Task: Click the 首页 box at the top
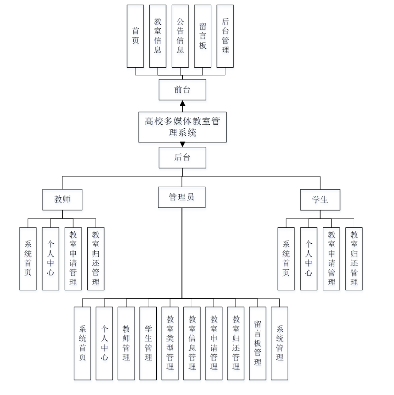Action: point(135,36)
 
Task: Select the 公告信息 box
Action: point(180,36)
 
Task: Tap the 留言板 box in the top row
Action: point(203,36)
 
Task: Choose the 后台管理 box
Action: point(225,36)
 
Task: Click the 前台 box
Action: point(182,90)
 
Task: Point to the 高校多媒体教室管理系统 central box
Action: point(182,127)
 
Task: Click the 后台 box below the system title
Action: point(182,157)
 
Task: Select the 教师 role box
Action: point(62,199)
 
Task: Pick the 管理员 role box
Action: point(182,197)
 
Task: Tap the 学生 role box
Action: point(320,199)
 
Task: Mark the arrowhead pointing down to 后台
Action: point(182,145)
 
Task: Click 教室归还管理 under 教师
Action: point(96,259)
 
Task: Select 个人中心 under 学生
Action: point(309,259)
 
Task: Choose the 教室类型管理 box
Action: point(170,343)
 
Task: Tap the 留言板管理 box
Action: point(258,343)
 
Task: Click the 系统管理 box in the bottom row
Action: point(279,343)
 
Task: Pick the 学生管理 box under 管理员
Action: point(148,343)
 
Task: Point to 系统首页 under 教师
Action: point(28,259)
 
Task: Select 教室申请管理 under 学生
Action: point(331,259)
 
